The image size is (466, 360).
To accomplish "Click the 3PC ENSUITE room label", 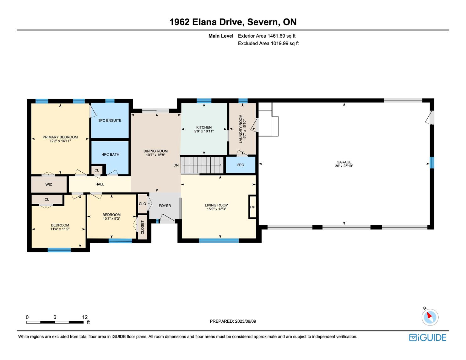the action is click(x=110, y=121).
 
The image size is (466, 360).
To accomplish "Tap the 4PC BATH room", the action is click(x=110, y=158).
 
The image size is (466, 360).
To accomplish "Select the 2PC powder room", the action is click(x=241, y=165).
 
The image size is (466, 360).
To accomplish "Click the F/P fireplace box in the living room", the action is click(x=252, y=207).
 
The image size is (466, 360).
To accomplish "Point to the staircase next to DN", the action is click(x=202, y=165).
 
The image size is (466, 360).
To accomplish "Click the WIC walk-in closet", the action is click(x=49, y=184).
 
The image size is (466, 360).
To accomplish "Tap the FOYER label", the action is click(x=165, y=206).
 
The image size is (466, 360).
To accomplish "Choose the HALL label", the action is click(x=100, y=184).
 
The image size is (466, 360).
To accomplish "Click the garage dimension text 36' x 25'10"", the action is click(x=344, y=166).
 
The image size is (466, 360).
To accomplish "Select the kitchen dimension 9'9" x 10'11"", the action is click(x=204, y=131).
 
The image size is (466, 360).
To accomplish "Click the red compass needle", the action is click(x=429, y=315).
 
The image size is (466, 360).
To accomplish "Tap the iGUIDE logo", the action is click(x=428, y=337).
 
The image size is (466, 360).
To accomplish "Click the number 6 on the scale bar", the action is click(x=55, y=317).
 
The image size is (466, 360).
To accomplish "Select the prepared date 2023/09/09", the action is click(x=246, y=321).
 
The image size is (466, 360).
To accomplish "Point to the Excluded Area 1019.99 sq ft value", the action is click(x=284, y=44).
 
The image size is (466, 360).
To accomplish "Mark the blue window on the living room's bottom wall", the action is click(x=219, y=240).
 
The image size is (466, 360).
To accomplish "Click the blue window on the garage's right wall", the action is click(x=432, y=163).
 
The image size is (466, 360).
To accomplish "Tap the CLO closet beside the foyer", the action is click(x=142, y=204).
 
